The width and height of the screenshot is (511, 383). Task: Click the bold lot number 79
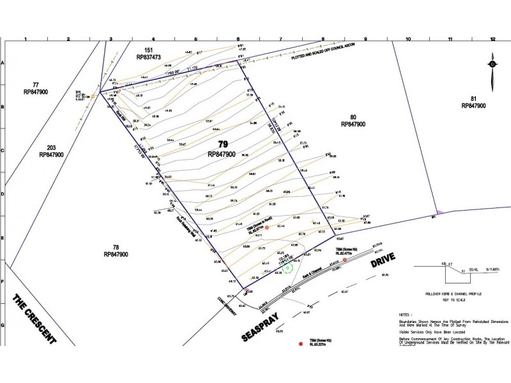223,144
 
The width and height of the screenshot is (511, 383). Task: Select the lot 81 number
473,98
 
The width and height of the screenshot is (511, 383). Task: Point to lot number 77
36,84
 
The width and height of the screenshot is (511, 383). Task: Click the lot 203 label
50,146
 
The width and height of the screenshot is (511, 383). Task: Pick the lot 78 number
116,246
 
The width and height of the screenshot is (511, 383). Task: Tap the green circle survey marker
287,268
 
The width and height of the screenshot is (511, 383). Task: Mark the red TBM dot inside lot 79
267,227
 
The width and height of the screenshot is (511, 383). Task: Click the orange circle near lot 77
93,96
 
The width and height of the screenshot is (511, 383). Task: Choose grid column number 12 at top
492,40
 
